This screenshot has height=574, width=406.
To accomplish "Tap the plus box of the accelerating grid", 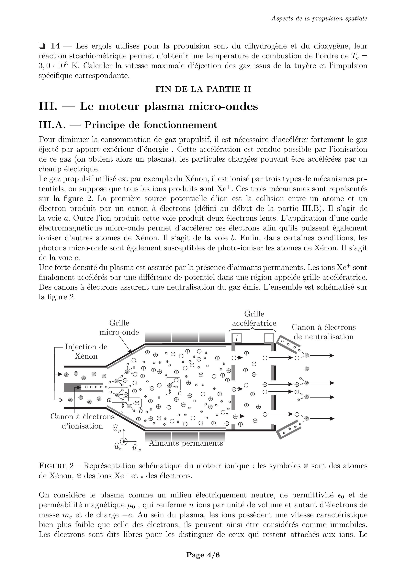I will click(237, 338).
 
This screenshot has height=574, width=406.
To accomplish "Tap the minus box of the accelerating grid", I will click(269, 338).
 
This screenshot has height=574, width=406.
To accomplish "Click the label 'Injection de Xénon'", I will click(86, 351).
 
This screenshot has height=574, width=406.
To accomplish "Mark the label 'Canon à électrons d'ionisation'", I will click(82, 421).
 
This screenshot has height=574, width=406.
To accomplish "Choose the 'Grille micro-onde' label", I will click(119, 327).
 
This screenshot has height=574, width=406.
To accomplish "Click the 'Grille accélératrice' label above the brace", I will click(254, 318).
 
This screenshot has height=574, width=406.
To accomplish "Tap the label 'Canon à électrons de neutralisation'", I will click(324, 332).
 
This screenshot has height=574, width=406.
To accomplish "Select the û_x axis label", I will click(136, 448).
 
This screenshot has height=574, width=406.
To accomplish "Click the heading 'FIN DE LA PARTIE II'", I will click(203, 89).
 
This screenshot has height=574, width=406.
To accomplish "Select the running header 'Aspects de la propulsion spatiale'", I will click(319, 18).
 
